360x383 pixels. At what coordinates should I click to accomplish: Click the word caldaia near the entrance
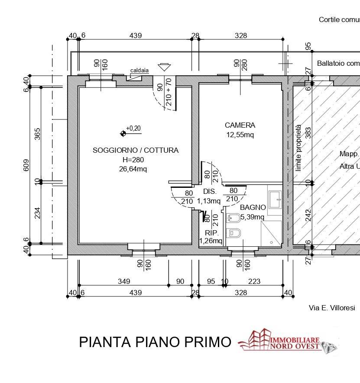139,70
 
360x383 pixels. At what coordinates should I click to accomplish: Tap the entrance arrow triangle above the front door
164,67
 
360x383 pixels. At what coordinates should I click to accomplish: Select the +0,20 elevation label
133,128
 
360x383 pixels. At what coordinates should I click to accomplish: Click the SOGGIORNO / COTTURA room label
135,150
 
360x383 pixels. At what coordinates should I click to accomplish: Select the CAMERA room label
240,125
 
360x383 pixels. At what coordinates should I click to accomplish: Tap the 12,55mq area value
240,135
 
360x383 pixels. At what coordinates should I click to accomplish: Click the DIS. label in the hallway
209,191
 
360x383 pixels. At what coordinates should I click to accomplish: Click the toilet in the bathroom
234,233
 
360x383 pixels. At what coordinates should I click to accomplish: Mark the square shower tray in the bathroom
271,234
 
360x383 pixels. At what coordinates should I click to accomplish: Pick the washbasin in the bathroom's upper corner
274,199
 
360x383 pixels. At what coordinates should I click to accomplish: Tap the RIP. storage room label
211,233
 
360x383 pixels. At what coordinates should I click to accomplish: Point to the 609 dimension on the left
26,165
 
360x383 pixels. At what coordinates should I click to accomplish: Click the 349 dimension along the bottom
124,281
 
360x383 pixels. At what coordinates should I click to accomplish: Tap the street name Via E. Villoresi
331,308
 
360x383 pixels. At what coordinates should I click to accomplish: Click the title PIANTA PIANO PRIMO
155,342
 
